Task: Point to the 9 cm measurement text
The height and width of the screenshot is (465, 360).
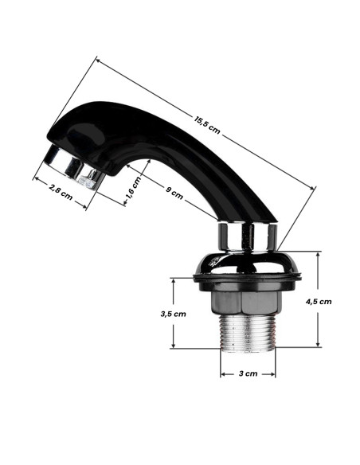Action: tap(173, 190)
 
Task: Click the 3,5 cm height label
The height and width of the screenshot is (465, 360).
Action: tap(173, 314)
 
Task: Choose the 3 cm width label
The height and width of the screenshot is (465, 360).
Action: tap(248, 373)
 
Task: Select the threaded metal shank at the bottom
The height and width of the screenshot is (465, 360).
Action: tap(248, 330)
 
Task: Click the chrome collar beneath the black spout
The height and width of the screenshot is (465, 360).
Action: tap(248, 236)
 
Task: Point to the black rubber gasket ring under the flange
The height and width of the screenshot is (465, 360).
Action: tap(248, 278)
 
